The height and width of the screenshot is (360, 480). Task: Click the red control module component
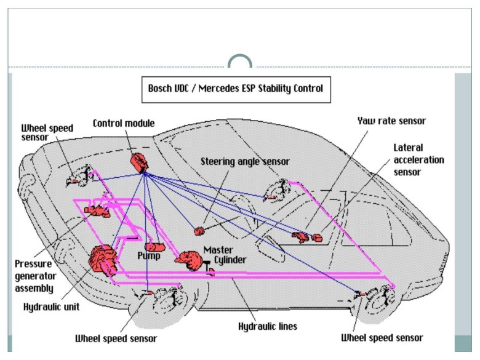(x=139, y=162)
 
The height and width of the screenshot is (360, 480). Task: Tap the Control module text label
(x=124, y=123)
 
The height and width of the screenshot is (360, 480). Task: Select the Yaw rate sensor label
(x=391, y=121)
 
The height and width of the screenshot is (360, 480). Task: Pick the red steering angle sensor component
(x=199, y=231)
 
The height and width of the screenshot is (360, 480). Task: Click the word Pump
(x=148, y=255)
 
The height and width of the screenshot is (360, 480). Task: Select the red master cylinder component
(x=188, y=259)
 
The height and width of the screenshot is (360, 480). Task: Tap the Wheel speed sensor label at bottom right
(x=382, y=338)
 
